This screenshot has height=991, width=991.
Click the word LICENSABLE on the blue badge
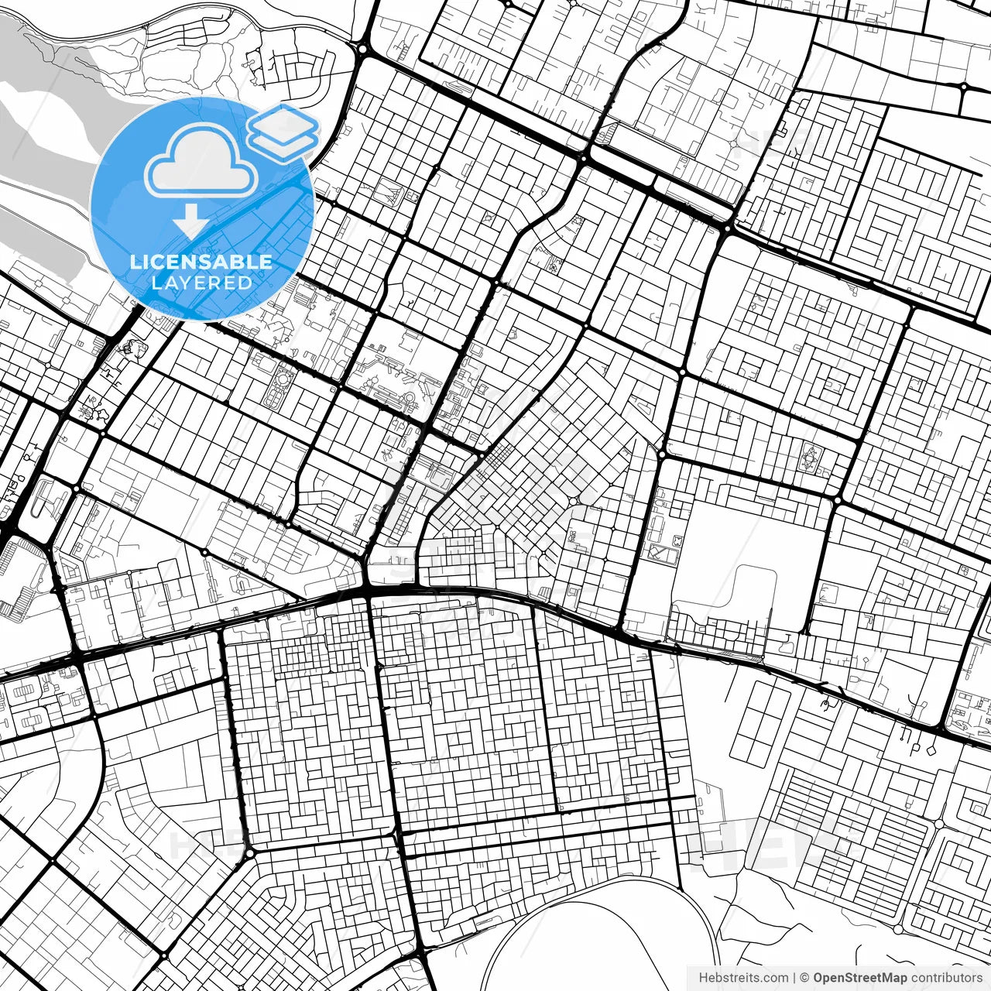[x=201, y=262]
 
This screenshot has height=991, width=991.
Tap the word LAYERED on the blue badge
[x=201, y=283]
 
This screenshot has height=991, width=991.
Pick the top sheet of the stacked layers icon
[x=283, y=120]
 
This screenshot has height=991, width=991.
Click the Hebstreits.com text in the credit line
[x=743, y=978]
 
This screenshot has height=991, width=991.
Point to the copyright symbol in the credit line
[x=805, y=978]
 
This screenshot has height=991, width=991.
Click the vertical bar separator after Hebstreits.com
[x=794, y=978]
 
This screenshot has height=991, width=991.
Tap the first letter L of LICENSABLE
[x=135, y=262]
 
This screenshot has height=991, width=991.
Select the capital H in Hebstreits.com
[x=703, y=978]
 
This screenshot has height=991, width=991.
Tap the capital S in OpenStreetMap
[x=845, y=978]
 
